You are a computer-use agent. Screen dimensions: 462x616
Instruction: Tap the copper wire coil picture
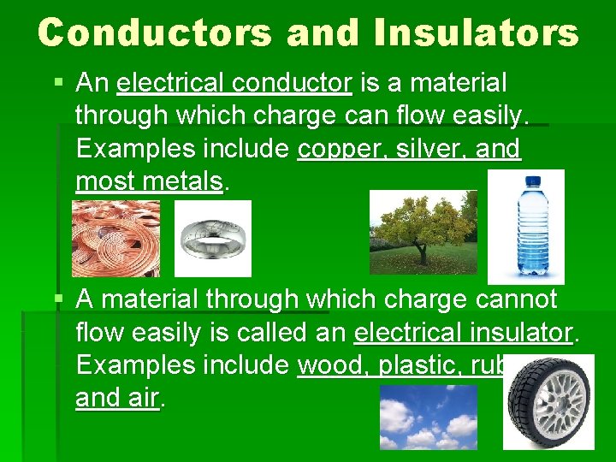pos(115,239)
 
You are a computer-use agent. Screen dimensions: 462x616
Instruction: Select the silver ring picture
pos(213,239)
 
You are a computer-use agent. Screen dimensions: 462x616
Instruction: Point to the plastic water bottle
pos(525,227)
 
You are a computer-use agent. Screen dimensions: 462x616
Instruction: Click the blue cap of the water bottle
pos(532,181)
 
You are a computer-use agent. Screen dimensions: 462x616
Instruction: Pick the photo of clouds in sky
pos(429,417)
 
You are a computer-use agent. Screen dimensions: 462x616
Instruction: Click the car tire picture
pos(548,401)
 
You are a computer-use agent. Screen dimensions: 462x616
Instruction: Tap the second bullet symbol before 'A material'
pos(58,300)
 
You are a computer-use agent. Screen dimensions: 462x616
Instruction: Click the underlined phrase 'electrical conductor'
pos(234,84)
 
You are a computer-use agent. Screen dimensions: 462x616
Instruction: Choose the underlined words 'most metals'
pos(149,181)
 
